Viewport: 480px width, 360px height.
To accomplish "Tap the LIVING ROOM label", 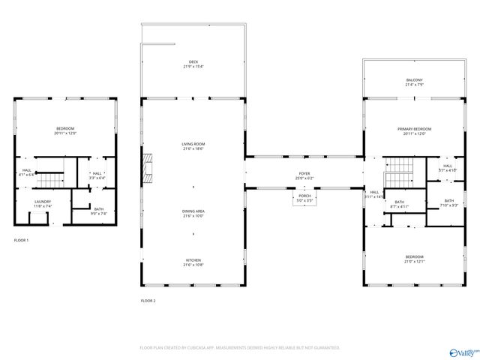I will coord(193,144).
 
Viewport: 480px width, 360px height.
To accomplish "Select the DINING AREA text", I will coord(193,211).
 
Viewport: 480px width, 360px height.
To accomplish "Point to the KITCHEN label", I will coord(193,260).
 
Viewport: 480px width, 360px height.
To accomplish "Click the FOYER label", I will coord(304,174).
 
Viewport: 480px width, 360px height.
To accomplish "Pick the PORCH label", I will coord(304,196).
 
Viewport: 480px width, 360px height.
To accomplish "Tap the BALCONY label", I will coord(414,80).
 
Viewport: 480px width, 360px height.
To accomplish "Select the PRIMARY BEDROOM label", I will coord(414,129).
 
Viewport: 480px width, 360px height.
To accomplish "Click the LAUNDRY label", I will coord(43,202).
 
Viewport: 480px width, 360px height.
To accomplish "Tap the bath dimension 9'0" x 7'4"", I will coord(99,214).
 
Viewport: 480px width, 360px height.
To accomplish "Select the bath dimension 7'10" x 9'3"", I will coord(448,205).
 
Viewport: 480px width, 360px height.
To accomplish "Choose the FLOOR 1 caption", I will coord(22,240).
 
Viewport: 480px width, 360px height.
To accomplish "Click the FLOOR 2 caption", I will coord(148,301).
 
